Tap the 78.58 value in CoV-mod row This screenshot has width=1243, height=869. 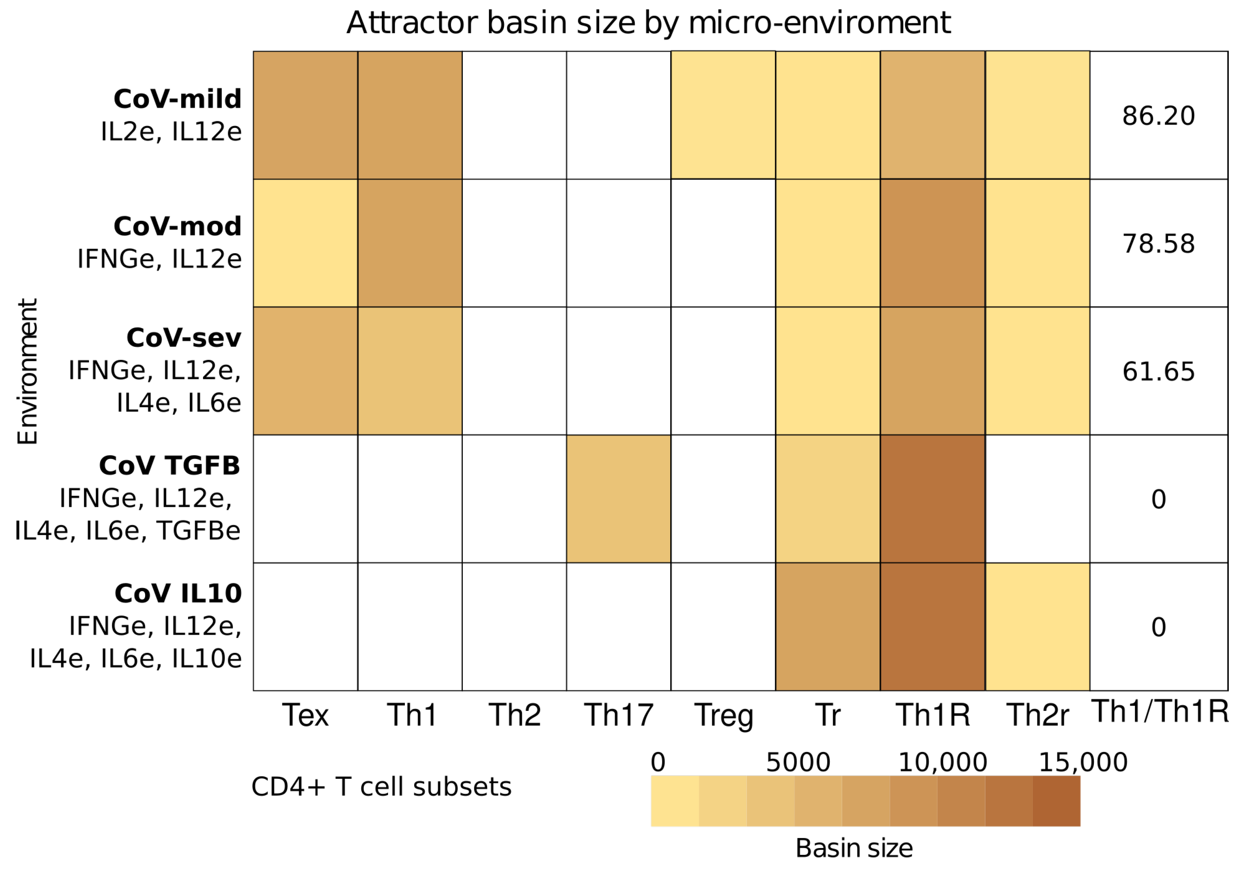(1158, 244)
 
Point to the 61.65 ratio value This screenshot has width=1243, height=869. (1158, 372)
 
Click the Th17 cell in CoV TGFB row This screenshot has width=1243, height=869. (618, 499)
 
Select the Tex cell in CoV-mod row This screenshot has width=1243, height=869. (305, 243)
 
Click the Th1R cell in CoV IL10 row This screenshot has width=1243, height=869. (932, 627)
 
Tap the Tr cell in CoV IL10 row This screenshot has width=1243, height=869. (827, 627)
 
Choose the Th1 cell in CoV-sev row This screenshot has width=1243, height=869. (410, 371)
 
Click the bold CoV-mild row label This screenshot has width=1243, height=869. (178, 99)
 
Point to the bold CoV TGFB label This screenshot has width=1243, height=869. (169, 466)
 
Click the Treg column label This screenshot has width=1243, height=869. (723, 715)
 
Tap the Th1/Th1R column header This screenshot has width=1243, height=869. (1160, 712)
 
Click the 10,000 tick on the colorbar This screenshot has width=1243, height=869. (942, 763)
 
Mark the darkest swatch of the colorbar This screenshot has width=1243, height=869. (1056, 801)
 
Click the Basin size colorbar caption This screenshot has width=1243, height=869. (854, 848)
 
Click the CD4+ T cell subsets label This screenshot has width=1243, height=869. (381, 787)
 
